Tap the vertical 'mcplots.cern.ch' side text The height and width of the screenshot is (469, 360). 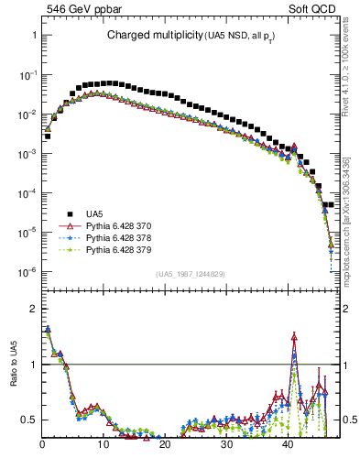point(353,229)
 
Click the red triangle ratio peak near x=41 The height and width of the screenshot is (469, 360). point(294,336)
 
